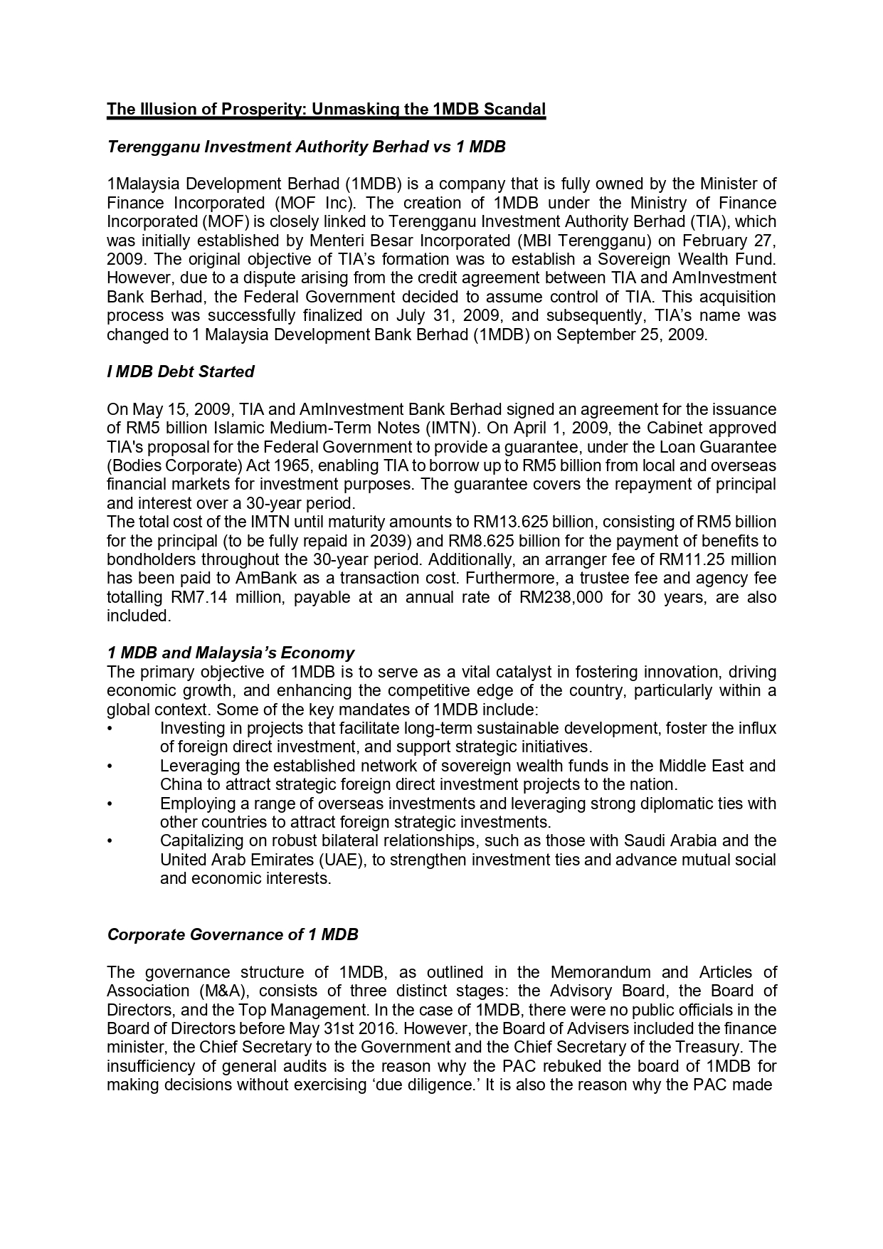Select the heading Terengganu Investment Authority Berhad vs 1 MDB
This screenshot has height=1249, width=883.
306,147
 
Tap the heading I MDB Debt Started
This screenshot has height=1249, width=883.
180,371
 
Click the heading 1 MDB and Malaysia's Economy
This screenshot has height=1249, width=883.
231,653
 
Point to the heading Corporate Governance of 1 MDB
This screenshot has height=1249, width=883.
232,934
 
